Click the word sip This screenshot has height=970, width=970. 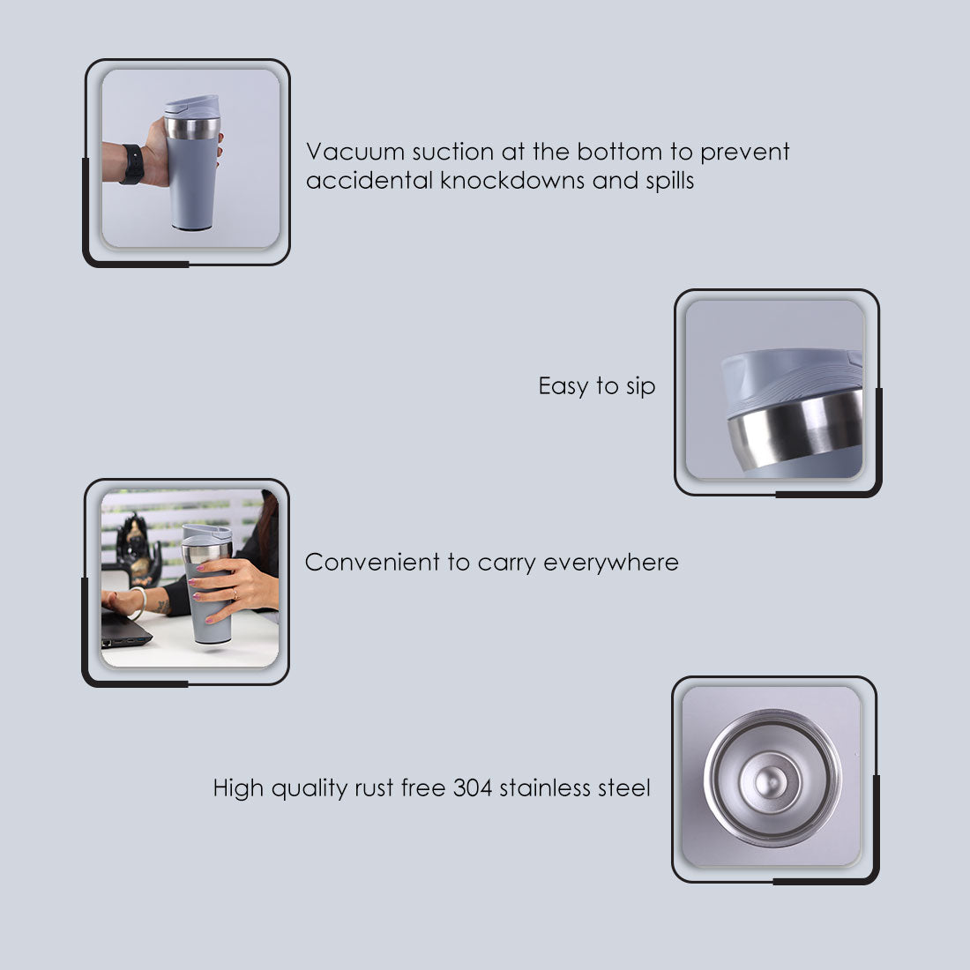640,387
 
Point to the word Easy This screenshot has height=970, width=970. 563,387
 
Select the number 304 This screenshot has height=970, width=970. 473,788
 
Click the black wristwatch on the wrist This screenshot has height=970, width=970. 133,164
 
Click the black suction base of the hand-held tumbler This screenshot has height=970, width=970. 191,228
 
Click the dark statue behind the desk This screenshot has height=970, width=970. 138,547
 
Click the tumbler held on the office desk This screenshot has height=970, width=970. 209,586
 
